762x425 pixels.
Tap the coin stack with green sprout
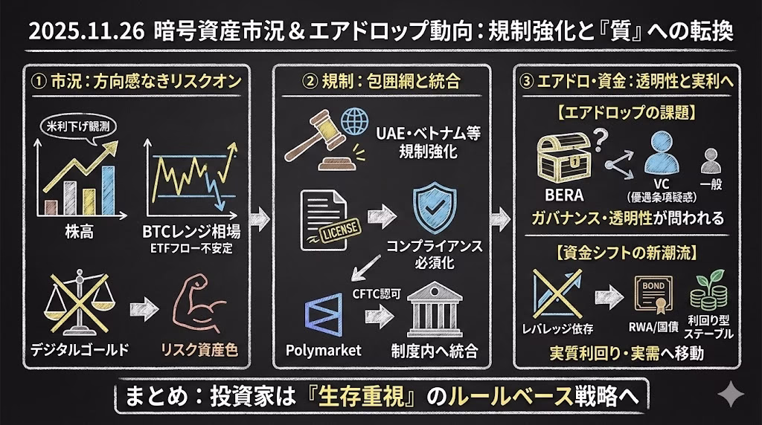[x=708, y=291]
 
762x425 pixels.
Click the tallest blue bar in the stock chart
[x=109, y=187]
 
